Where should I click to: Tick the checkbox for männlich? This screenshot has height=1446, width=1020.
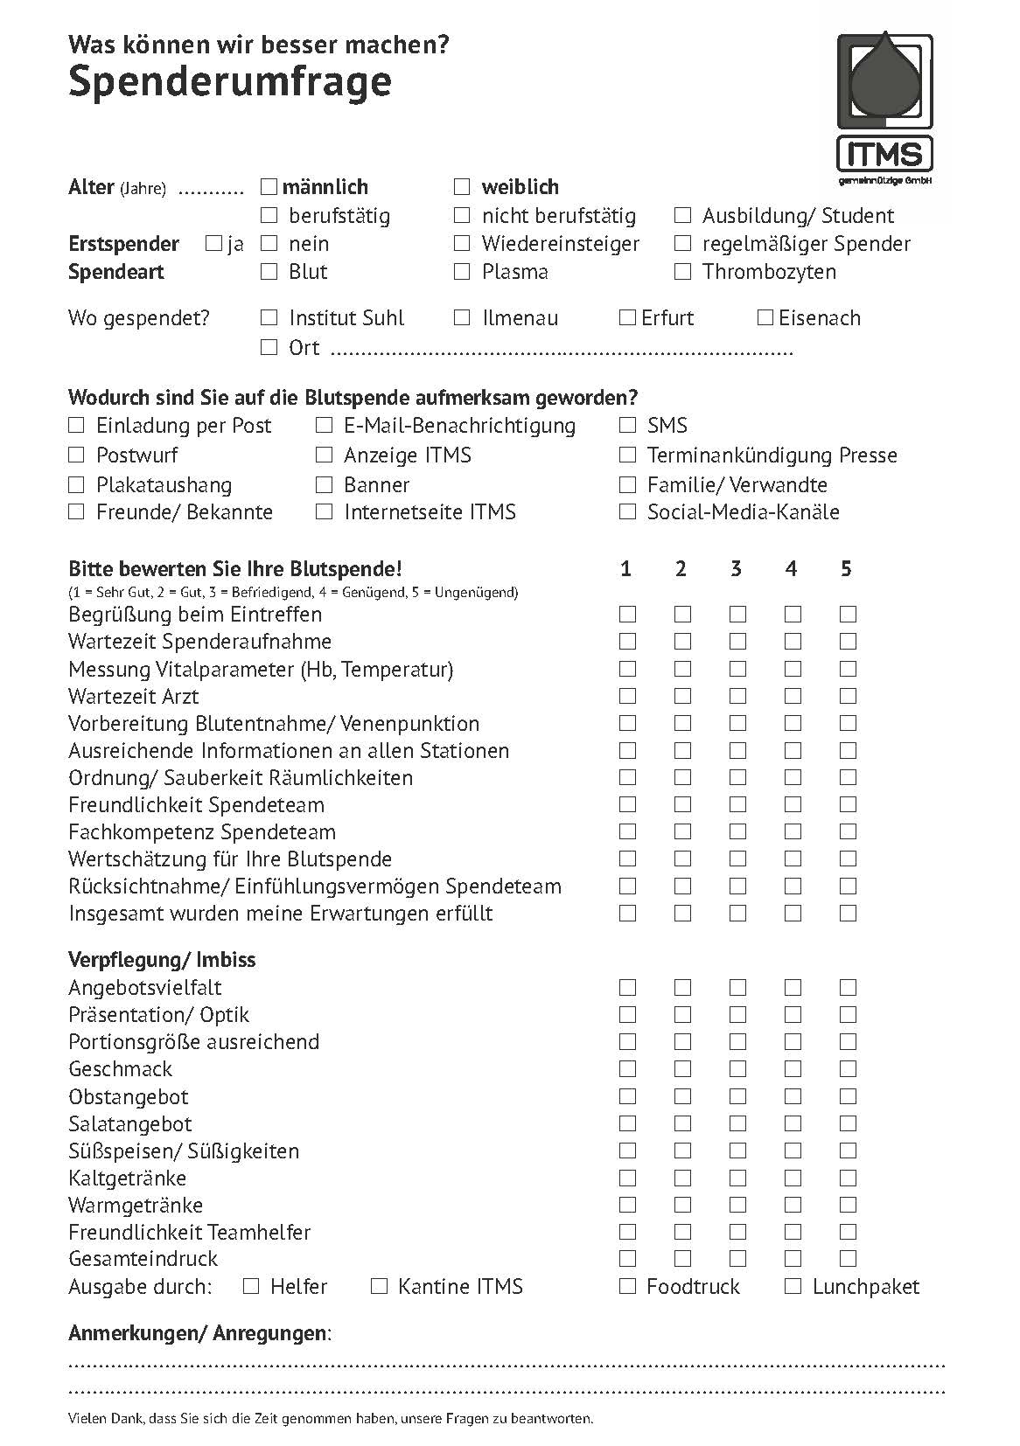click(x=269, y=186)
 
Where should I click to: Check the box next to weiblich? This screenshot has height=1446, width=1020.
click(x=462, y=186)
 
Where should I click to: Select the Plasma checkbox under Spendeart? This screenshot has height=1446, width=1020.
click(x=462, y=272)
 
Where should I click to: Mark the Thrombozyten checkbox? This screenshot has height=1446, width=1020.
click(x=682, y=272)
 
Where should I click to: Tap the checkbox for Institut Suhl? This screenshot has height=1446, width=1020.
click(x=269, y=317)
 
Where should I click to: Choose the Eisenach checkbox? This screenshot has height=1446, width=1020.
click(x=765, y=317)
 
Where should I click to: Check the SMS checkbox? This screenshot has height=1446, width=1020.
click(x=627, y=426)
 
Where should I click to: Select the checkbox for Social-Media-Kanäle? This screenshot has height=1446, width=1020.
click(x=627, y=512)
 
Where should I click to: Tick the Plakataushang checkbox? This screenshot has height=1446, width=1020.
click(x=76, y=484)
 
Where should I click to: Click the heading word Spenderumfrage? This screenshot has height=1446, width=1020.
click(x=229, y=82)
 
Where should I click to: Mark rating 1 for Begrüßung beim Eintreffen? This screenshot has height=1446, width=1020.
click(x=627, y=614)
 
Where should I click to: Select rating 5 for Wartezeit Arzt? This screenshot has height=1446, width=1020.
click(x=848, y=696)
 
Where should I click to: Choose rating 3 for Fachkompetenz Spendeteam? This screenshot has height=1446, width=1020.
click(x=737, y=831)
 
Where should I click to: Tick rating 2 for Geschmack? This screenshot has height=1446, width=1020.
click(x=682, y=1068)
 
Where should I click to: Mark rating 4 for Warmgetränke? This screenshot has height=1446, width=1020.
click(x=793, y=1205)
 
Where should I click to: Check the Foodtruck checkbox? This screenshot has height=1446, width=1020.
click(x=627, y=1286)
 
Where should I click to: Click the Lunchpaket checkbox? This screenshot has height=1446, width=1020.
click(x=793, y=1286)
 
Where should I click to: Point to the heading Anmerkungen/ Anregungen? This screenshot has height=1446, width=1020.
click(x=199, y=1333)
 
